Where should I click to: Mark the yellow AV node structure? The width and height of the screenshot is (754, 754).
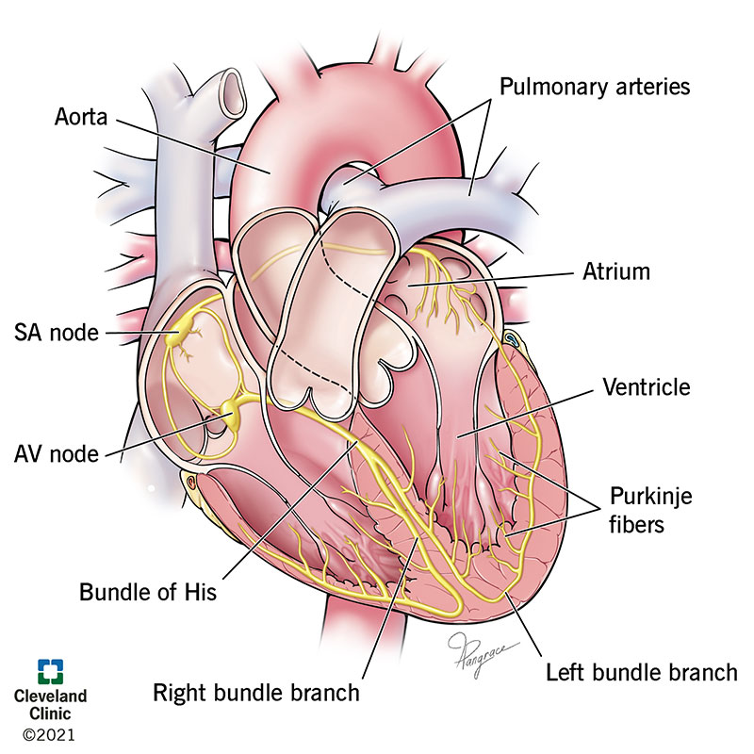pyautogui.click(x=232, y=410)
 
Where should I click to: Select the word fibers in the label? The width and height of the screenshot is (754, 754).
pyautogui.click(x=636, y=524)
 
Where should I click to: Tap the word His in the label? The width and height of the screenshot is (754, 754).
pyautogui.click(x=202, y=593)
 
